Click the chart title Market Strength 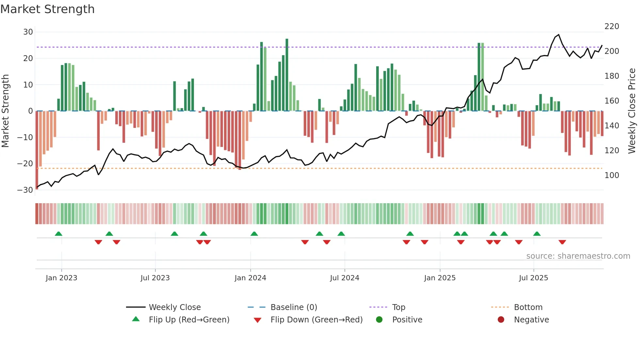tap(47, 9)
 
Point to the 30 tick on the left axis tap(28, 32)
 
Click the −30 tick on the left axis tap(25, 190)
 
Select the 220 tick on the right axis tap(612, 26)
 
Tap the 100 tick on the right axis tap(612, 175)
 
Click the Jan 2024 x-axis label tap(250, 278)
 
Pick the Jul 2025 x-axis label tap(533, 278)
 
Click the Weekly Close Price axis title tap(632, 111)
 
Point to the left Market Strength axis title tap(6, 111)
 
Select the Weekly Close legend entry tap(175, 307)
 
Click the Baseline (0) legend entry tap(294, 307)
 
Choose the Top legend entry tap(398, 307)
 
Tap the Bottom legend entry tap(528, 307)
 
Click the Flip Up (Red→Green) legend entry tap(189, 320)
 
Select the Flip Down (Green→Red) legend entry tap(316, 320)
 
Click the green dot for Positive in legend tap(379, 319)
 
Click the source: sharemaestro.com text tap(578, 256)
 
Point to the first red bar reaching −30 tap(37, 150)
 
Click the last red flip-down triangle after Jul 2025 tap(562, 242)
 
